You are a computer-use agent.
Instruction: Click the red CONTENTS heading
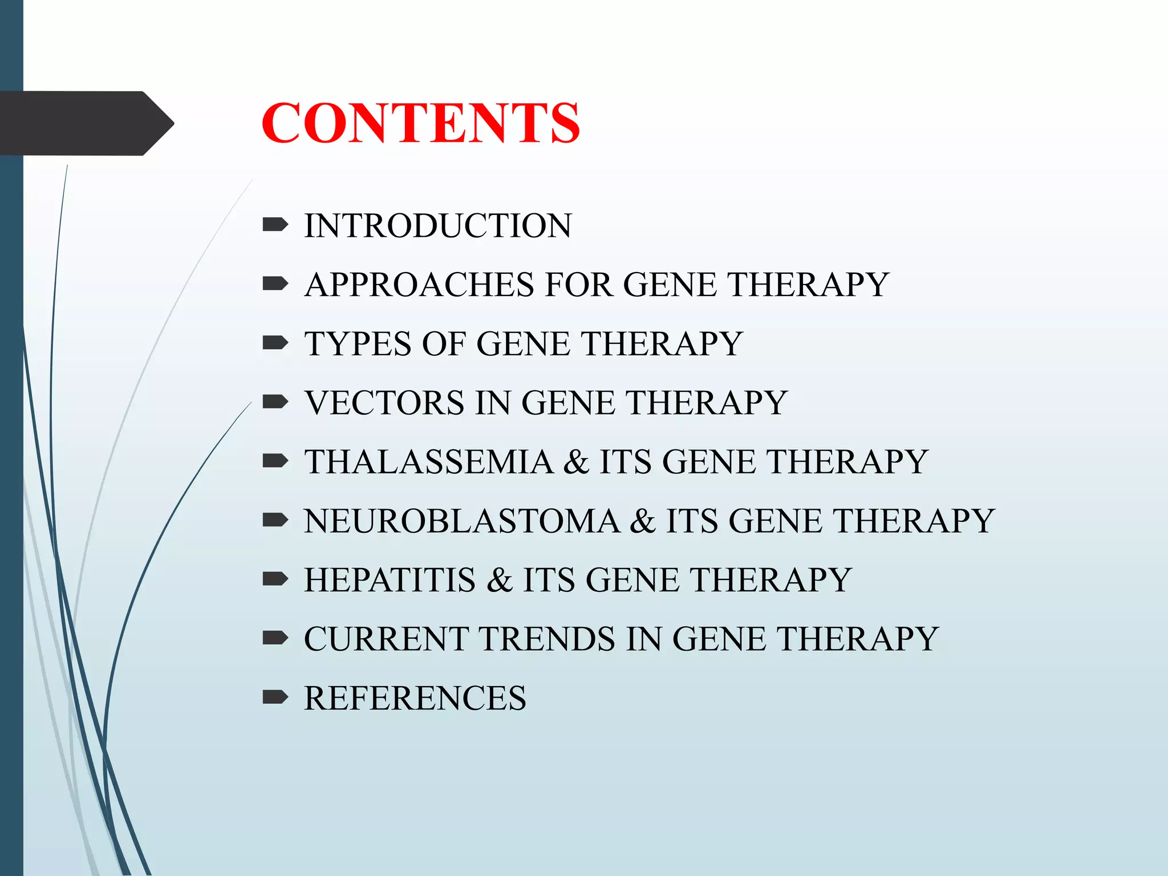(x=420, y=123)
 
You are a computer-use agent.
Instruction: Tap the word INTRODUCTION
(x=437, y=226)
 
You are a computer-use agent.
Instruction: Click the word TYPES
(x=358, y=344)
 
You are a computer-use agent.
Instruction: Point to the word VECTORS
(x=385, y=403)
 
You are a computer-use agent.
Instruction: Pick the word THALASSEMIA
(x=428, y=462)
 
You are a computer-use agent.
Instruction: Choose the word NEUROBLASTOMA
(x=461, y=521)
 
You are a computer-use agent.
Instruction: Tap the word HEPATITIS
(x=390, y=580)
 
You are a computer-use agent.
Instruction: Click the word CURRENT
(x=386, y=639)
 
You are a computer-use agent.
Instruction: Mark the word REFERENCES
(x=415, y=698)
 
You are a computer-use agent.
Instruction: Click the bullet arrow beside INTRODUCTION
(x=275, y=226)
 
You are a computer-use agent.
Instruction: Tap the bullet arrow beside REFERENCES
(x=275, y=697)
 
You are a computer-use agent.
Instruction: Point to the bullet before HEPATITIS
(x=275, y=579)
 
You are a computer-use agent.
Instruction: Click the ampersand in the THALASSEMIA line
(x=576, y=462)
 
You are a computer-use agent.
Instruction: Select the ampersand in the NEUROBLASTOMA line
(x=643, y=521)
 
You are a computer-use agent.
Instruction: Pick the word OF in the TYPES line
(x=444, y=344)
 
